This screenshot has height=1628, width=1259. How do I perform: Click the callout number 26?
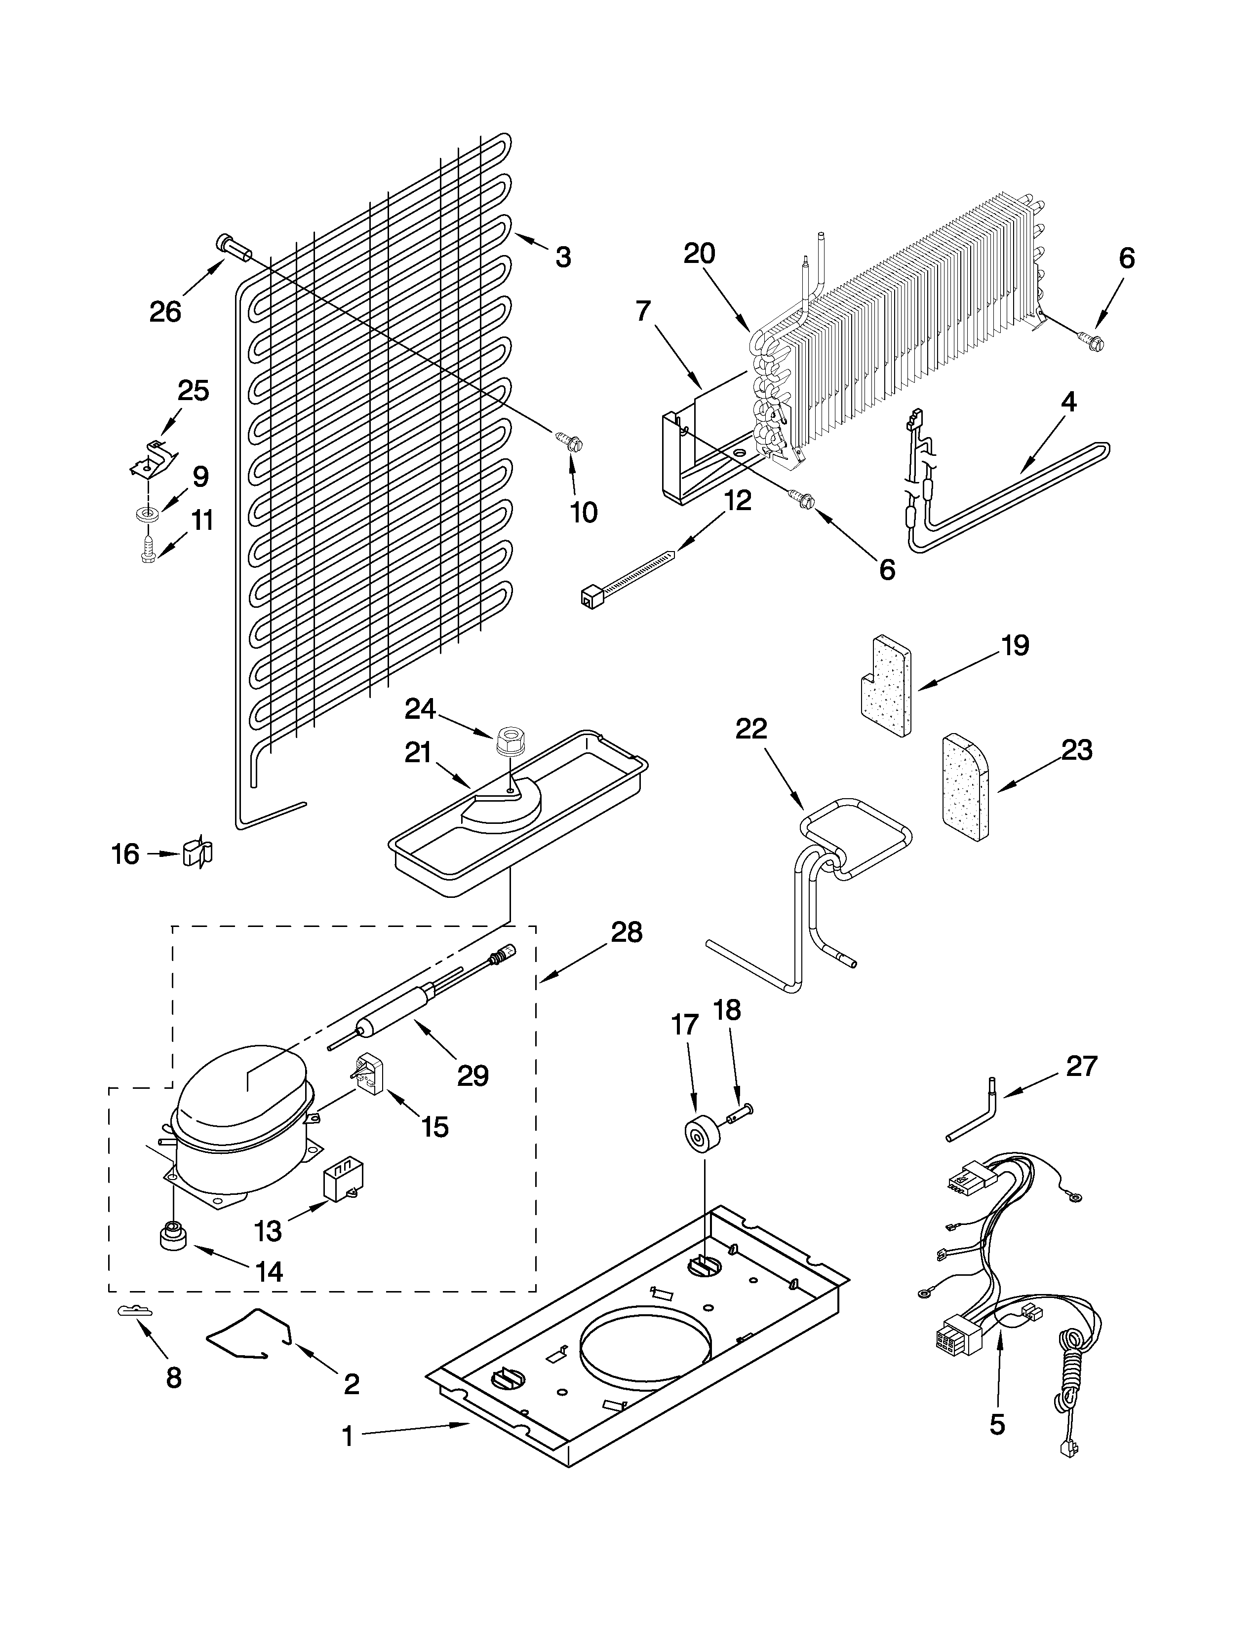(165, 312)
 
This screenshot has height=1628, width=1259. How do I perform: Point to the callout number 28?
(627, 932)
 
